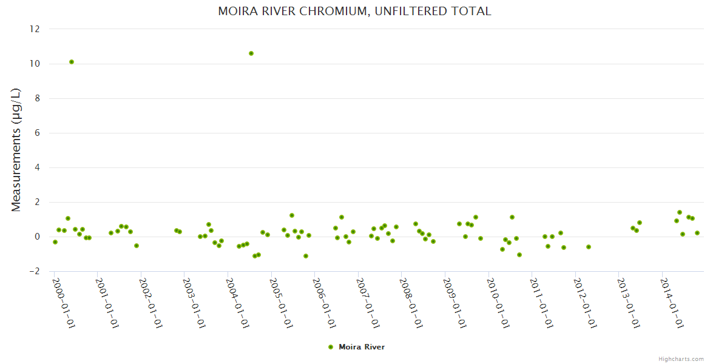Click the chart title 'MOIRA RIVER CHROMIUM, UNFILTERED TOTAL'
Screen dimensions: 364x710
point(354,12)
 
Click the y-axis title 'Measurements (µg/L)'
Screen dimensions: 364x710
point(16,150)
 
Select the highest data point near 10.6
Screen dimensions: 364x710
point(251,53)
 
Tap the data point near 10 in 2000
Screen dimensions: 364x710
point(72,62)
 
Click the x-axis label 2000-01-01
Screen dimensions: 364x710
point(63,303)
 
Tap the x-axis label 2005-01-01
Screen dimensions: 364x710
point(280,303)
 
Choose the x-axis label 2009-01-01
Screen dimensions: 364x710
point(455,303)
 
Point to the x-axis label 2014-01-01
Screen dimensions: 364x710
point(672,303)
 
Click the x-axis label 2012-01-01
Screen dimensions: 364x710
point(585,303)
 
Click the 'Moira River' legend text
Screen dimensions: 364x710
point(362,347)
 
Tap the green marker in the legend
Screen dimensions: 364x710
point(331,347)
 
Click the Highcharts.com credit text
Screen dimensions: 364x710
point(681,359)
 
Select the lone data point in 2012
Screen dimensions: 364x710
point(588,247)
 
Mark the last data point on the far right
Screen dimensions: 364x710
point(697,233)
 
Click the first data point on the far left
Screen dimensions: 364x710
point(55,242)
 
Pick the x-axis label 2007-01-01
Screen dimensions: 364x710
point(368,303)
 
